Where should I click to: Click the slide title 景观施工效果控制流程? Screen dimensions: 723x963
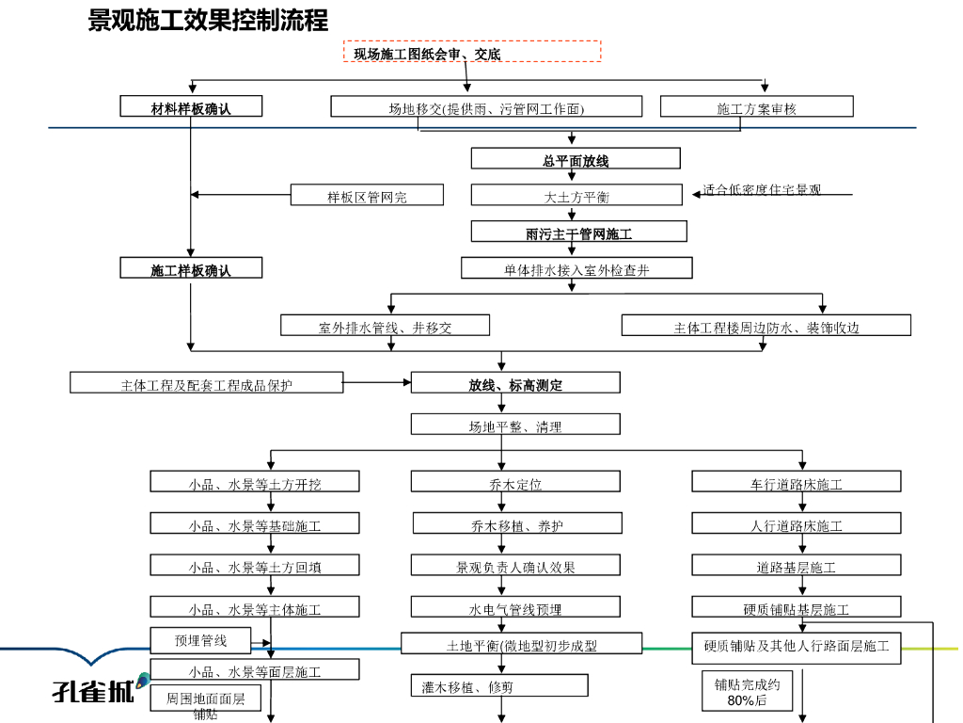(x=208, y=20)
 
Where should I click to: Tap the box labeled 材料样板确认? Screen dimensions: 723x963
(x=191, y=107)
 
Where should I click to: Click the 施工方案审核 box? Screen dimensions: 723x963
(x=756, y=107)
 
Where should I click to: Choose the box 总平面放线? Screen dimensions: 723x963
(x=576, y=159)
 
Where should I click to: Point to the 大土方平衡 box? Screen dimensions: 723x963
(x=576, y=196)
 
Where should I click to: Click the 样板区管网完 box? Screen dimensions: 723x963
(x=367, y=196)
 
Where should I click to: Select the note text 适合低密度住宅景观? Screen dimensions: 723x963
(x=762, y=189)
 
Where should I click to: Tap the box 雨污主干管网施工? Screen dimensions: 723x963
(x=579, y=232)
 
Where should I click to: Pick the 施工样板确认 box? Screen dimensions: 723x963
(x=191, y=269)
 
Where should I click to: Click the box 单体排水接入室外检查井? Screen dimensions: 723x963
(x=576, y=269)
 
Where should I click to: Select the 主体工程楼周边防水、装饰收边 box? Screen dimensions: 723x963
(x=766, y=327)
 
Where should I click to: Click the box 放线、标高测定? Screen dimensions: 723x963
(x=515, y=383)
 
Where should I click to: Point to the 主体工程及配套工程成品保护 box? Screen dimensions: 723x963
(x=207, y=383)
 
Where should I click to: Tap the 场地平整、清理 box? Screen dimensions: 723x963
(x=515, y=426)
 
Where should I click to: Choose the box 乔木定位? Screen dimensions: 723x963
(x=515, y=483)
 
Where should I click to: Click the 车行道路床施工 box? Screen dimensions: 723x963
(x=796, y=483)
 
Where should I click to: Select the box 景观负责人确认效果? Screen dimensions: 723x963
(x=515, y=566)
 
